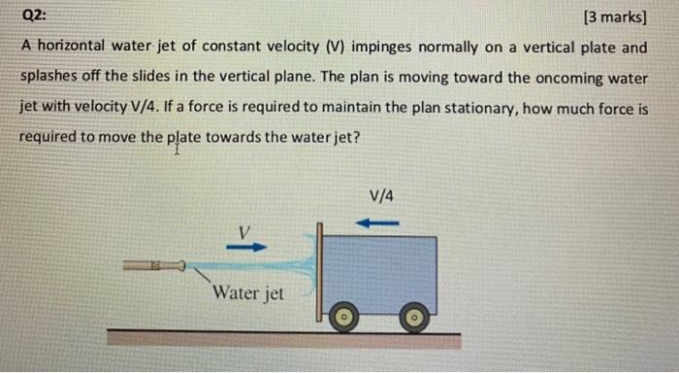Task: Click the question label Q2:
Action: click(x=33, y=16)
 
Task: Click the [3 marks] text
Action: click(x=616, y=16)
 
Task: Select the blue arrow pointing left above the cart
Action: click(x=378, y=222)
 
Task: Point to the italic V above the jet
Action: click(x=245, y=231)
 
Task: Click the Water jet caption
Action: click(x=248, y=291)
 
